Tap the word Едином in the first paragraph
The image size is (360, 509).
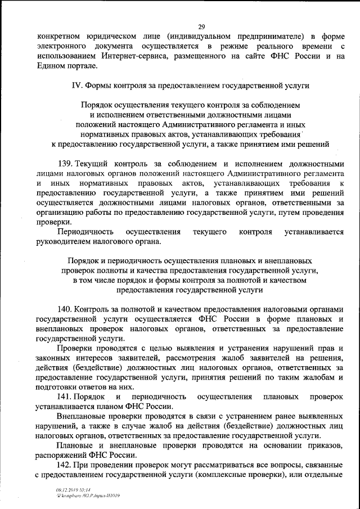pos(51,66)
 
